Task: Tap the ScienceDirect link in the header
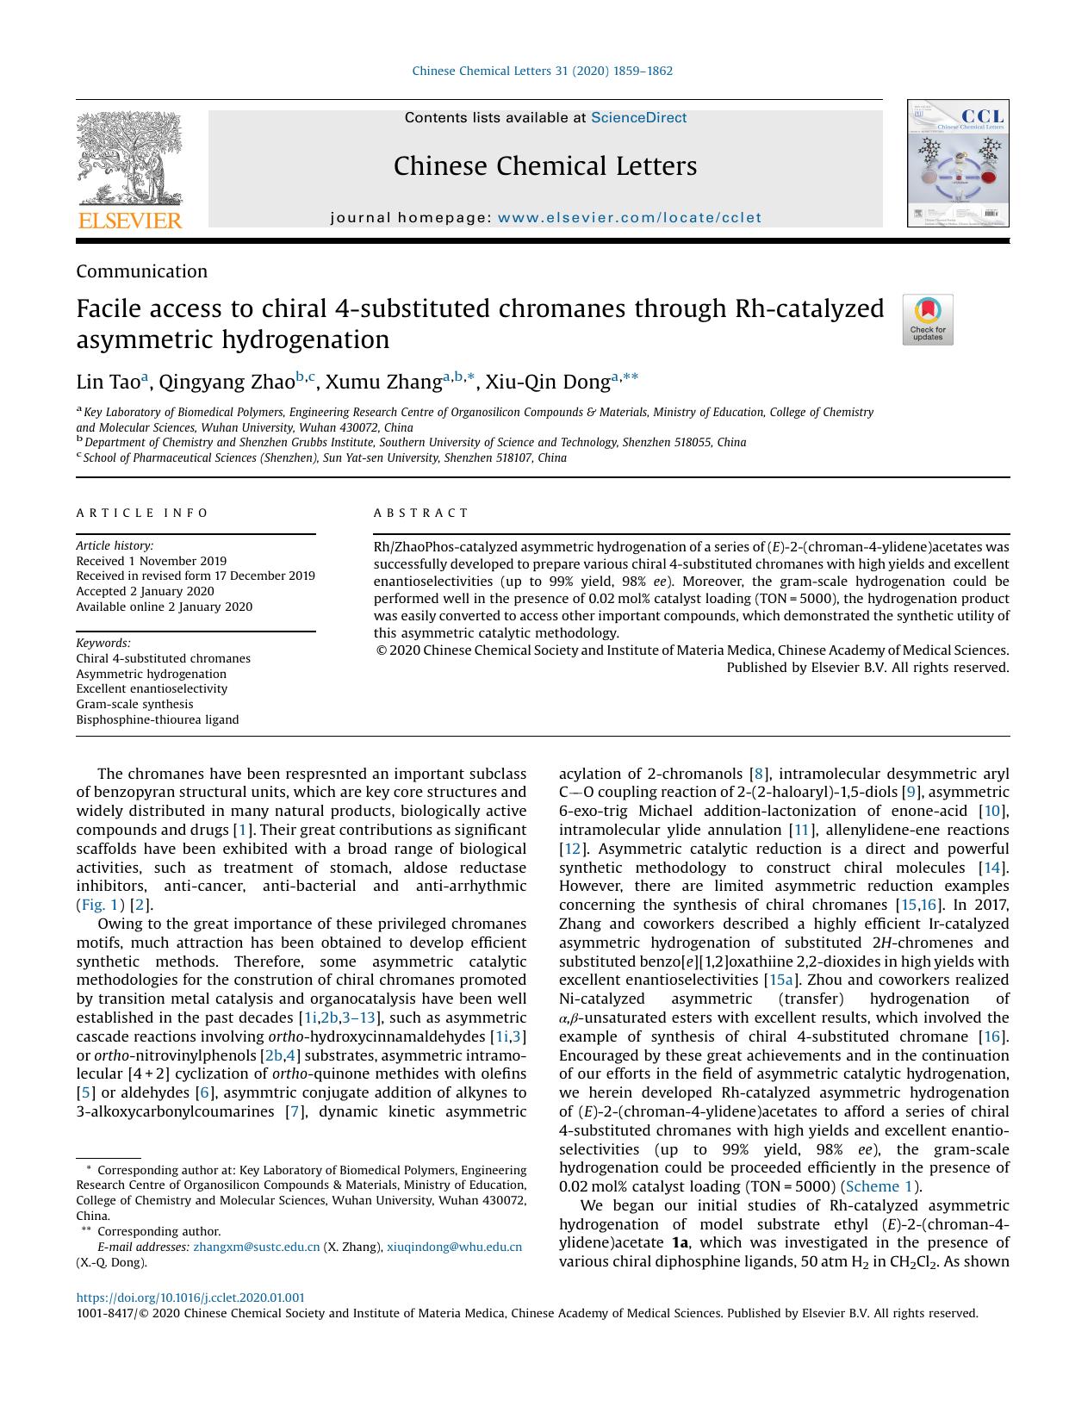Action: click(x=638, y=118)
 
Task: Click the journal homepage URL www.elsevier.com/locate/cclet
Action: click(x=630, y=218)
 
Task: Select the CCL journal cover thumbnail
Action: click(x=957, y=164)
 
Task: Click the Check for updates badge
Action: click(x=927, y=320)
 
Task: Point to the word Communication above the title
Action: click(x=141, y=271)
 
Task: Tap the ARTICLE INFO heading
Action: click(x=142, y=513)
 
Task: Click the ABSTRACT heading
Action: click(x=420, y=513)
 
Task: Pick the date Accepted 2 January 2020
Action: click(x=145, y=591)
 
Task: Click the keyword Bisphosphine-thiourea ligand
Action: click(x=157, y=719)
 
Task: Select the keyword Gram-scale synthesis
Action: click(x=134, y=704)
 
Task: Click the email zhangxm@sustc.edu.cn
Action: click(x=256, y=1247)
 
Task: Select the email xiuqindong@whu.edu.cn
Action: click(x=454, y=1247)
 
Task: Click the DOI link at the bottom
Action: click(x=190, y=1297)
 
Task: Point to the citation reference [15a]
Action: click(x=780, y=980)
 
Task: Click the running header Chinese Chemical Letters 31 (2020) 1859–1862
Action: click(x=542, y=72)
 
